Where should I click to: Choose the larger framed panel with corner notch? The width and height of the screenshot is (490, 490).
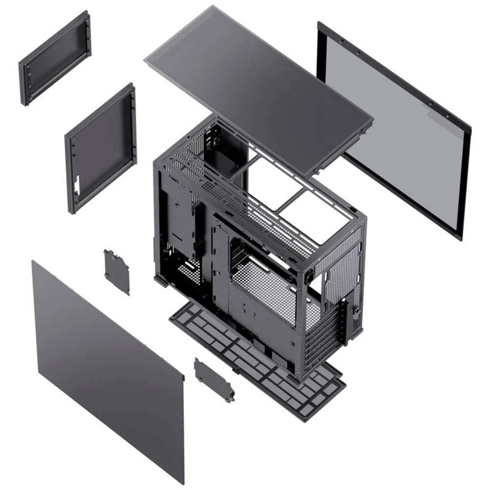(100, 147)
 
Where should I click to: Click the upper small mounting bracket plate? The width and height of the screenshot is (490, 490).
(117, 271)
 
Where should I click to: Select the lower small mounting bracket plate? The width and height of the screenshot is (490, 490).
(214, 378)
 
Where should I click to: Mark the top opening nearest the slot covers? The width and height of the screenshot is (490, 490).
(321, 216)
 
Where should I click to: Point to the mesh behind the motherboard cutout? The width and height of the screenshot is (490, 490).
(265, 289)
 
